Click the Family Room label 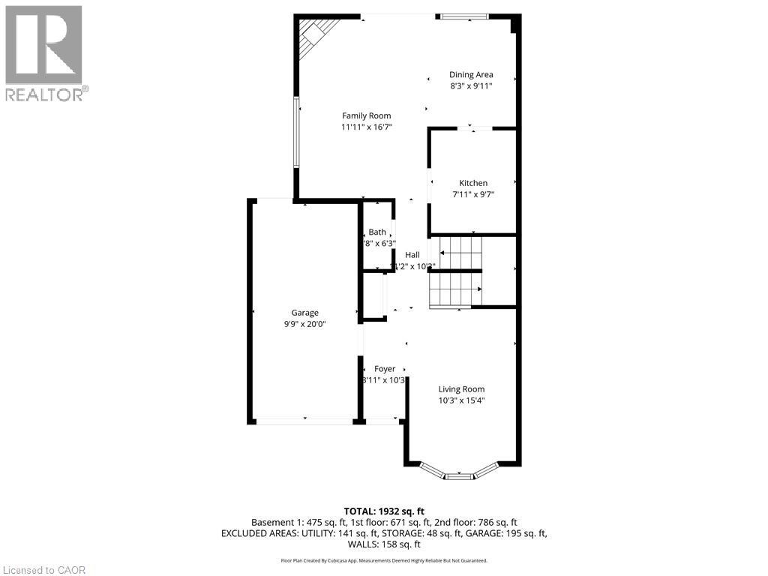point(367,115)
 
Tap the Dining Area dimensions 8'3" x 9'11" point(471,86)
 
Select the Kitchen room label point(473,183)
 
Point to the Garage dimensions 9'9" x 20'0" point(304,324)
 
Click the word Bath point(376,232)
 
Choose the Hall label point(412,255)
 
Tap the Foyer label point(385,369)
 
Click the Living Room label point(461,389)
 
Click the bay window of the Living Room point(458,472)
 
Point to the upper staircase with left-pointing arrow point(459,253)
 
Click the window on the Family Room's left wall point(297,133)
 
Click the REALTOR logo point(45,53)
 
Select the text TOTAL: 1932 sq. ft point(383,511)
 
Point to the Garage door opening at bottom point(304,421)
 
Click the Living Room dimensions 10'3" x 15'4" point(461,400)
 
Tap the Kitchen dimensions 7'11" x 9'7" point(473,194)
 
